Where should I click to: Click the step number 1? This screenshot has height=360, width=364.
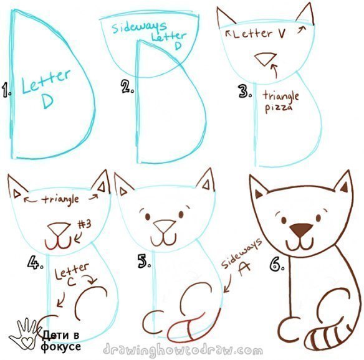tap(6, 90)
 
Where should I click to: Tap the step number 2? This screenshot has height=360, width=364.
tap(127, 87)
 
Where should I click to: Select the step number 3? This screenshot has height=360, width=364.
tap(245, 91)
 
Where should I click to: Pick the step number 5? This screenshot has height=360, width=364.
tap(144, 261)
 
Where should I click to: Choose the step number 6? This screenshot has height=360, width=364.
tap(277, 264)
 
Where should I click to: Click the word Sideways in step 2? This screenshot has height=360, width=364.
tap(139, 27)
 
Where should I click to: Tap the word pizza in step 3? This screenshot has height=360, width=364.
tap(279, 108)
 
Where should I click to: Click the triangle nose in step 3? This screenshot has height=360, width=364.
tap(266, 59)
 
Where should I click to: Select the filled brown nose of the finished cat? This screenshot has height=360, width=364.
tap(301, 230)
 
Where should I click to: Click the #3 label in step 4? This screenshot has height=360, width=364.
tap(84, 224)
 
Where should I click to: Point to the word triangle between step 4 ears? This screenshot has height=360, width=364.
tap(60, 199)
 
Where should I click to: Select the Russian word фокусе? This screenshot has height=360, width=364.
tap(61, 347)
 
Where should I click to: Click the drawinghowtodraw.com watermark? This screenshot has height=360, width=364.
tap(183, 349)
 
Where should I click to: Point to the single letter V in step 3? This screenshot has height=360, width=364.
tap(281, 34)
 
